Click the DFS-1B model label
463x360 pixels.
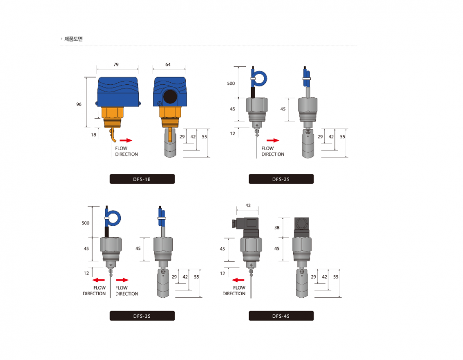coord(142,179)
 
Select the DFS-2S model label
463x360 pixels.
coord(281,179)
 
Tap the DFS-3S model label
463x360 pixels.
coord(142,316)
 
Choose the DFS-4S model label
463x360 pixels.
coord(281,316)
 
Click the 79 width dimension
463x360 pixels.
coord(116,64)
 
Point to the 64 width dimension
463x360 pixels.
coord(168,64)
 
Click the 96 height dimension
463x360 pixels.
coord(79,104)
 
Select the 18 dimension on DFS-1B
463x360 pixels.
coord(94,135)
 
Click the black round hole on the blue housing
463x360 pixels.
coord(170,97)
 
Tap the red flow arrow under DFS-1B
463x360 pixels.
coord(126,140)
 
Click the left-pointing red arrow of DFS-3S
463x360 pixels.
coord(98,280)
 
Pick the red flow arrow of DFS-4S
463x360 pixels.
coord(238,280)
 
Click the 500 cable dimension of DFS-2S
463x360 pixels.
coord(231,83)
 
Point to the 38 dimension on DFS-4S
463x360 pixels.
coord(277,227)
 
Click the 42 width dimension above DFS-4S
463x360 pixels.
coord(248,205)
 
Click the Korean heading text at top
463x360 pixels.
coord(74,39)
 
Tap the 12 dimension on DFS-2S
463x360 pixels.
coord(233,134)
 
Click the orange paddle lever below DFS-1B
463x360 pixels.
coord(113,135)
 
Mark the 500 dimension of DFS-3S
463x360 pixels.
coord(85,223)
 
